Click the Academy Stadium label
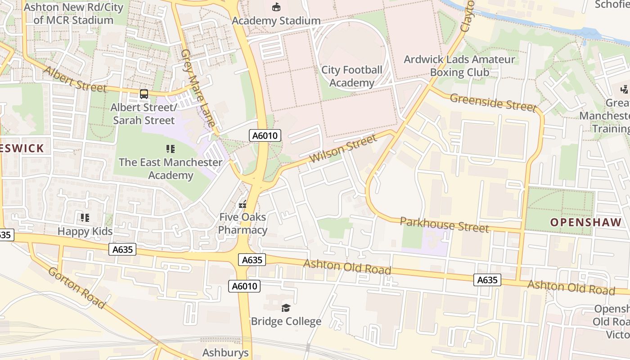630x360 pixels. (x=276, y=21)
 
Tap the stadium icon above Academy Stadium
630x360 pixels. (x=276, y=7)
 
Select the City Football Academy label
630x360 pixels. (x=351, y=76)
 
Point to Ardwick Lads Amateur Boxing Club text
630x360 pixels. (x=459, y=66)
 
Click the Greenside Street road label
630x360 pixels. (x=493, y=102)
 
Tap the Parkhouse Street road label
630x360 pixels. (x=444, y=225)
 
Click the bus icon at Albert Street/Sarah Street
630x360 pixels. (x=144, y=94)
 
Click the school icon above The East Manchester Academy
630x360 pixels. (x=171, y=148)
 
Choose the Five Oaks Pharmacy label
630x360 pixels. (x=243, y=223)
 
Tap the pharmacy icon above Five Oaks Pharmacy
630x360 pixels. (x=243, y=205)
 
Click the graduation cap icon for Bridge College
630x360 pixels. (x=286, y=308)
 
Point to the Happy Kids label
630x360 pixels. (x=85, y=231)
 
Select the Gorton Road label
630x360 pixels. (x=76, y=288)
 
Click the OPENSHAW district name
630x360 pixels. (x=585, y=222)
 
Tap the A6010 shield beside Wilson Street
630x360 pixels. (x=266, y=135)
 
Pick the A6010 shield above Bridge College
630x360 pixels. (x=244, y=286)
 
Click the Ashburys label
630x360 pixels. (x=225, y=352)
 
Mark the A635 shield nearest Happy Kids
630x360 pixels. (x=122, y=249)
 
